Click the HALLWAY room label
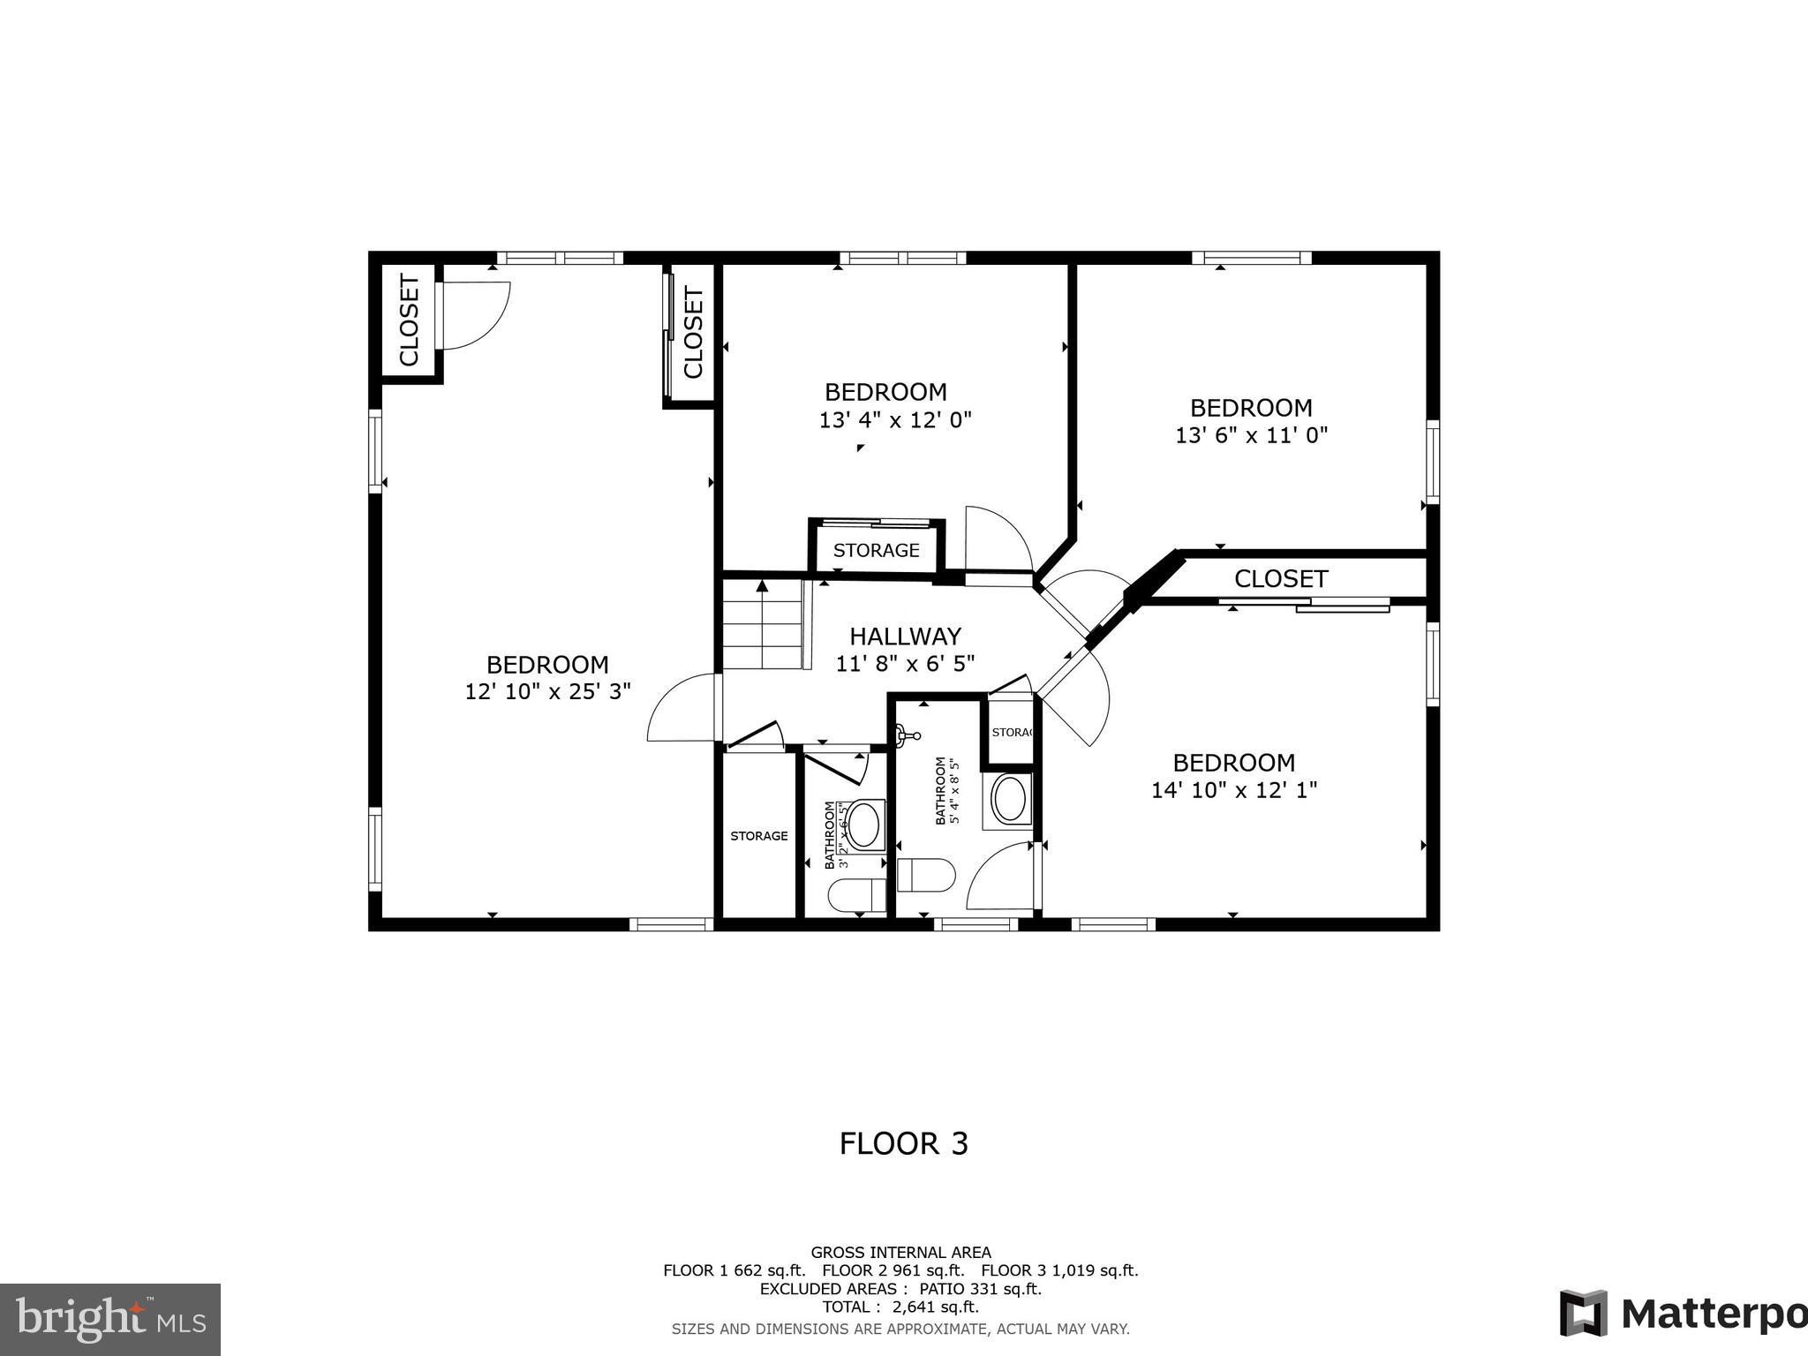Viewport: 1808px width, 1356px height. (905, 637)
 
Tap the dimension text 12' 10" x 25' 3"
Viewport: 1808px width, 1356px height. (547, 692)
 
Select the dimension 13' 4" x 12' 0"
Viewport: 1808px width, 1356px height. (894, 420)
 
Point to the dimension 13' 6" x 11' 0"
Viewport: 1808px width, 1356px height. (1251, 435)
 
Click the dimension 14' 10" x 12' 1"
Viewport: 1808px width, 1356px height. (1233, 790)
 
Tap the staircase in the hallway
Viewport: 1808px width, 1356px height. (763, 625)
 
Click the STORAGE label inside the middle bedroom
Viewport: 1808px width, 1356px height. (876, 551)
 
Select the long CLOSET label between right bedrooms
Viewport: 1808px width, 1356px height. (1280, 579)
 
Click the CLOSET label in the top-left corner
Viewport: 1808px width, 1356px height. (409, 320)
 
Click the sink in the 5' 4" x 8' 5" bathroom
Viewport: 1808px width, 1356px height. (1009, 800)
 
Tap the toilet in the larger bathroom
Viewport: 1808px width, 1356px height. (925, 875)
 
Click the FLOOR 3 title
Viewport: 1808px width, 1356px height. (903, 1144)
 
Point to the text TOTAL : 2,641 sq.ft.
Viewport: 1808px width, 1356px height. (900, 1307)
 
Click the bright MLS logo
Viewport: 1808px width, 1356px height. (109, 1319)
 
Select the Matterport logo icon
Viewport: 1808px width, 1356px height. (1582, 1313)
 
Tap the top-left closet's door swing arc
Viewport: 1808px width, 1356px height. (477, 315)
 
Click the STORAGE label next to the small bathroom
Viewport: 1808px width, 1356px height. (758, 836)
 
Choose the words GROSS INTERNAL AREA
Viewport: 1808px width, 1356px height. (900, 1252)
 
